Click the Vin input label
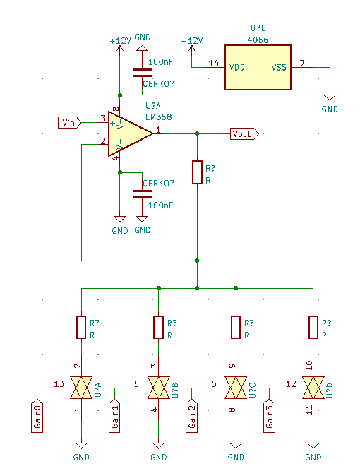[69, 123]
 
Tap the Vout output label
[244, 133]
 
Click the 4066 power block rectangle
[258, 67]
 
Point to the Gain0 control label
[37, 416]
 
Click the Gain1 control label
[114, 416]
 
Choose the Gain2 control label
[191, 416]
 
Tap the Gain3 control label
[269, 416]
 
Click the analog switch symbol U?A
[81, 388]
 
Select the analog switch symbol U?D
[313, 388]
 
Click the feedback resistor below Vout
[197, 172]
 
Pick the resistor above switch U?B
[159, 327]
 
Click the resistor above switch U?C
[236, 327]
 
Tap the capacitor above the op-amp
[143, 73]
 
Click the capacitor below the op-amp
[143, 194]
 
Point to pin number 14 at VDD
[214, 63]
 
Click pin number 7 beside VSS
[302, 63]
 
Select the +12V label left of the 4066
[192, 40]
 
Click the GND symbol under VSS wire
[330, 97]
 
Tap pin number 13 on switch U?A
[59, 383]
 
